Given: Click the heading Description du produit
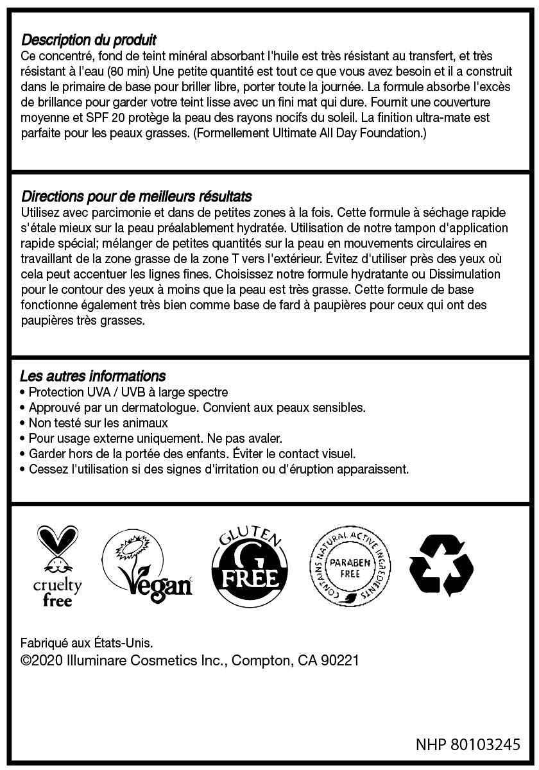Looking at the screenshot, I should click(89, 40).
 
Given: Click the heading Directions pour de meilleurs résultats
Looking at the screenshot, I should click(136, 196).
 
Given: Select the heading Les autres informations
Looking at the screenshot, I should click(92, 376).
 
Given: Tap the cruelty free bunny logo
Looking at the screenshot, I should click(58, 566).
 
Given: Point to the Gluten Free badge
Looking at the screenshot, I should click(249, 565).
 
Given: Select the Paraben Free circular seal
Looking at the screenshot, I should click(350, 565).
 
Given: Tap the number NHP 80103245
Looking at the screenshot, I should click(467, 745).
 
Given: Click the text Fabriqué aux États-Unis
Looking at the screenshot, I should click(87, 642).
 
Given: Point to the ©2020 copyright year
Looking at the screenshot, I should click(41, 660).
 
